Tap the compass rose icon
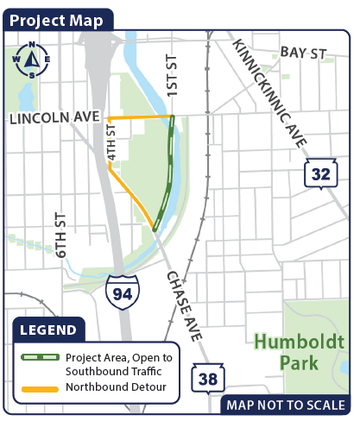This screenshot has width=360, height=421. [x=31, y=59]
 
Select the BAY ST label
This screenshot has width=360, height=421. [x=305, y=53]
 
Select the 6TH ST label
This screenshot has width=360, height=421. [x=60, y=236]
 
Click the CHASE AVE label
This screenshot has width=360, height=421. [x=185, y=303]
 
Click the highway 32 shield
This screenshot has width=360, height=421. [x=320, y=174]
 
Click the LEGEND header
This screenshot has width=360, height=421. [x=48, y=330]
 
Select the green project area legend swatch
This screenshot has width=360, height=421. [x=40, y=357]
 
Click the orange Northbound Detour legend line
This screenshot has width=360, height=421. [x=40, y=387]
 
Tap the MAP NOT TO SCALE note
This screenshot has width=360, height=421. [x=285, y=405]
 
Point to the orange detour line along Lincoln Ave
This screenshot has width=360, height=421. [x=140, y=116]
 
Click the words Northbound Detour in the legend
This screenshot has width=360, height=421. [x=116, y=387]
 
